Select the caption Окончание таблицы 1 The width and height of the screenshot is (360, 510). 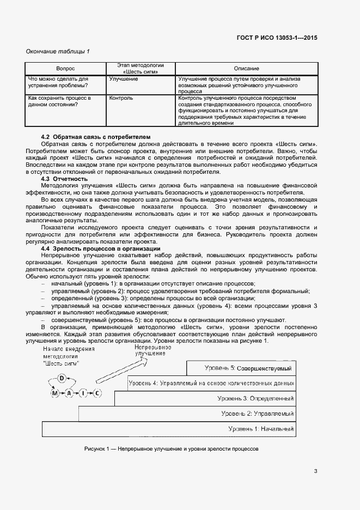[58, 51]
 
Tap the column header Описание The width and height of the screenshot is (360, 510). [246, 69]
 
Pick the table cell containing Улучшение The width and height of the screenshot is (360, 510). [123, 79]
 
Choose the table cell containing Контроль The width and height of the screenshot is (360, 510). [121, 99]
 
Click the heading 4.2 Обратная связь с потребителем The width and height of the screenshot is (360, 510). [96, 136]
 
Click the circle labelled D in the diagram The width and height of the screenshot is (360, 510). [62, 378]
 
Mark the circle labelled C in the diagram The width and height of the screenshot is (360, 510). [97, 393]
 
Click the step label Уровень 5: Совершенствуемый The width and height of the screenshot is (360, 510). [248, 368]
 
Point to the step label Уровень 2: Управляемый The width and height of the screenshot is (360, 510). [258, 414]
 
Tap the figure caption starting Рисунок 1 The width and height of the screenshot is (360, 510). [171, 449]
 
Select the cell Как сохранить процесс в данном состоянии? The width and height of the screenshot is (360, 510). [59, 101]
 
